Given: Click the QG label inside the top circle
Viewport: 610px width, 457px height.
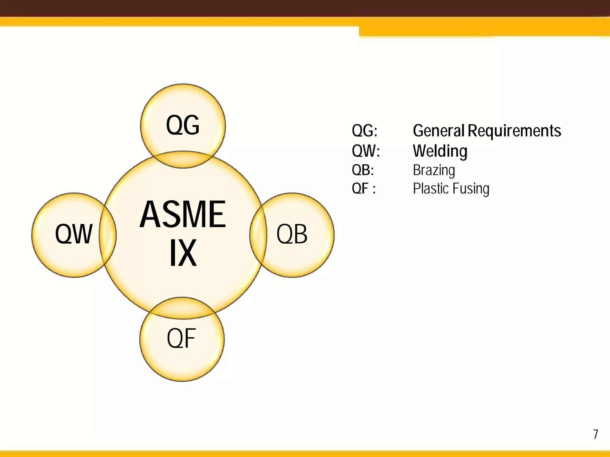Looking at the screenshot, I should pos(183,125).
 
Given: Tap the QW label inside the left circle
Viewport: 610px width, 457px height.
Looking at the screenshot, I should pos(74,234).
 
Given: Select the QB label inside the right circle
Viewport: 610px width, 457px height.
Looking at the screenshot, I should pos(292,234).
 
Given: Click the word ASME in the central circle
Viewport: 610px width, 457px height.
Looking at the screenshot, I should pos(183,214).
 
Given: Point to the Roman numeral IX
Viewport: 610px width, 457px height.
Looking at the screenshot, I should pos(183,253).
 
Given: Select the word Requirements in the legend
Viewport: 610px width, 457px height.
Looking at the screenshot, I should pos(514,131).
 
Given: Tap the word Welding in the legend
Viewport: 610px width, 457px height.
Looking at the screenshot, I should pos(440,151).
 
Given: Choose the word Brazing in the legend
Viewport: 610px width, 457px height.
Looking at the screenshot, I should pos(434,170).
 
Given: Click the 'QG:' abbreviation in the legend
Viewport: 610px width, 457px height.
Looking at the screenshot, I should pos(365,131).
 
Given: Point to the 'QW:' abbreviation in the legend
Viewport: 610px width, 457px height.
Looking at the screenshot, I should pos(366,151).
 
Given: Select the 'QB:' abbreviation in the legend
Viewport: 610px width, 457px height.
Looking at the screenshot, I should pos(363,170).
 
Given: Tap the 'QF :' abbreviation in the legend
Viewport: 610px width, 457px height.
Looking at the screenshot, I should pos(364,188).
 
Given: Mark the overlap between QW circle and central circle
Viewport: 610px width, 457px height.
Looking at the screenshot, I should pos(108,235).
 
